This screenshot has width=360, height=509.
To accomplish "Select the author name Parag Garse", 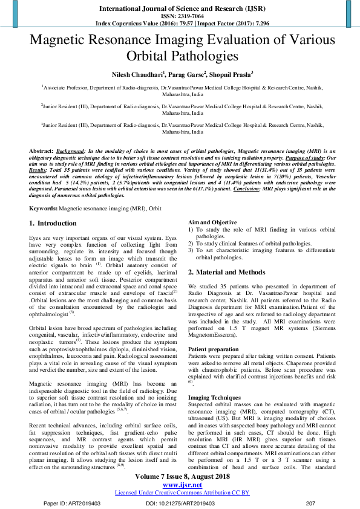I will click(188, 74).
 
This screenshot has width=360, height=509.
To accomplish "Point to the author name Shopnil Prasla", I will click(233, 74).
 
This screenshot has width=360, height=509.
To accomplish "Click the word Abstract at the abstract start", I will click(41, 149).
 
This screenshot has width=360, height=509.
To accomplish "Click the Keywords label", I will click(43, 207).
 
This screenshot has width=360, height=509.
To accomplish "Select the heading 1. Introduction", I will click(53, 223).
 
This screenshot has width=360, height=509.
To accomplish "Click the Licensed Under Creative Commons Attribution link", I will click(182, 493).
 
